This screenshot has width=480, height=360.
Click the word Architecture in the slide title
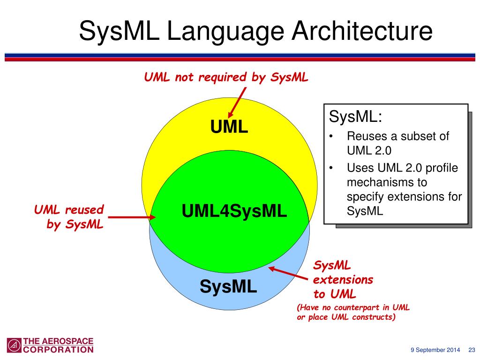tap(362, 31)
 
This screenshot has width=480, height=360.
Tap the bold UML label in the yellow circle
tap(229, 127)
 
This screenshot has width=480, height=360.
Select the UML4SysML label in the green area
tap(234, 211)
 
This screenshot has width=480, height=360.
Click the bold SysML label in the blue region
tap(228, 286)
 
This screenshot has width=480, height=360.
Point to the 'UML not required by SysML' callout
tap(226, 77)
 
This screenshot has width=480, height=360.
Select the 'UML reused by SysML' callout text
tap(69, 217)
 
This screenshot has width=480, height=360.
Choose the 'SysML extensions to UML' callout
tap(343, 280)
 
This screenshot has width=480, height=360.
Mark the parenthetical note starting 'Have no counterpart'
tap(353, 312)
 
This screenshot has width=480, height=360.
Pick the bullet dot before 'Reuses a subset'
tap(331, 137)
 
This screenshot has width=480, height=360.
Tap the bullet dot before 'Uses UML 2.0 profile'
tap(331, 168)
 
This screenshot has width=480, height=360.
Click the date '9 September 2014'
tap(435, 350)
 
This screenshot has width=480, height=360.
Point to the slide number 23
tap(472, 350)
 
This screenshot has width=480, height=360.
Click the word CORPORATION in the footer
tap(58, 349)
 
